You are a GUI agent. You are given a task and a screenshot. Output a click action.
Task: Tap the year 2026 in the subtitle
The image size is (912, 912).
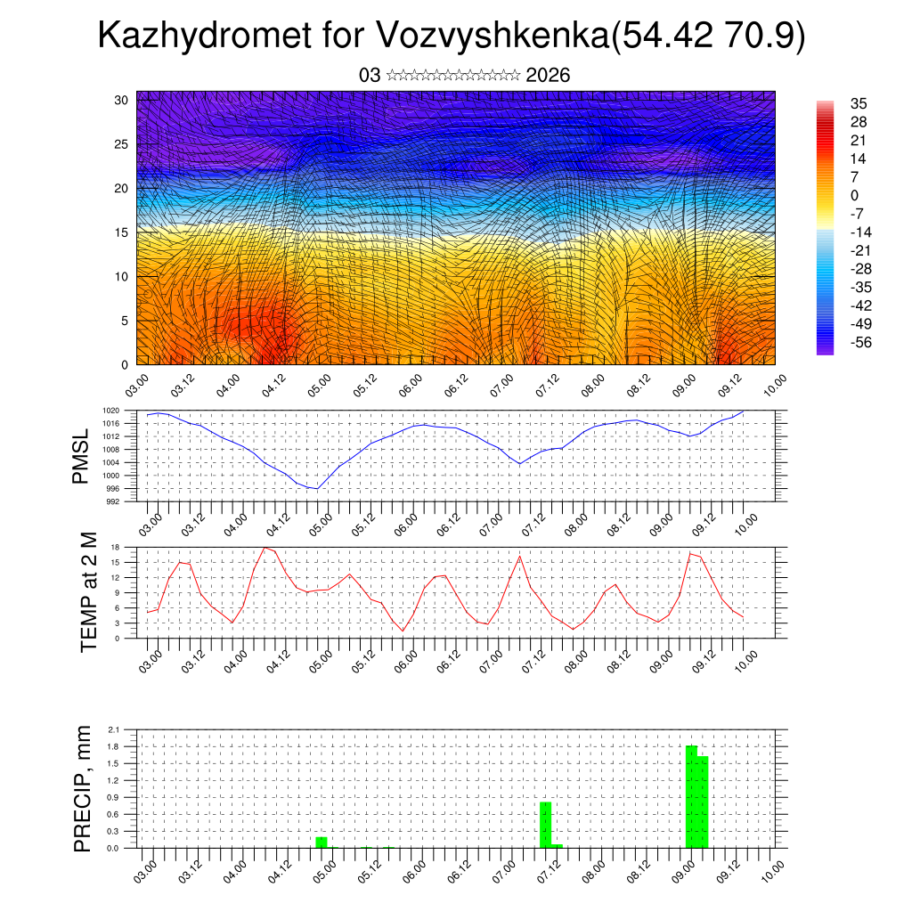pyautogui.click(x=548, y=75)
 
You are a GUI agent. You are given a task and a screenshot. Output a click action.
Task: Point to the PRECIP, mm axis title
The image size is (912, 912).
pyautogui.click(x=83, y=787)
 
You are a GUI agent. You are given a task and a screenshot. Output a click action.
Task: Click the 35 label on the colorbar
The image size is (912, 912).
pyautogui.click(x=859, y=103)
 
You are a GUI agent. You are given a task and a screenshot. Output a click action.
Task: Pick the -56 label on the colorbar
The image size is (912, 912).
pyautogui.click(x=860, y=343)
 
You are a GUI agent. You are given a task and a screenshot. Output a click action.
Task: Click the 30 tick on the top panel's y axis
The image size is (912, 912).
pyautogui.click(x=122, y=100)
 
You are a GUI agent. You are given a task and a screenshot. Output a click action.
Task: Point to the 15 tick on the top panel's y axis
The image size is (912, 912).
pyautogui.click(x=122, y=232)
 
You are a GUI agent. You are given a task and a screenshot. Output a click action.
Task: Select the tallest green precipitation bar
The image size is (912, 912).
pyautogui.click(x=691, y=796)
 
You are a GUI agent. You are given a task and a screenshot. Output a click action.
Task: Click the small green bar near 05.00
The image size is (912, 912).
pyautogui.click(x=322, y=842)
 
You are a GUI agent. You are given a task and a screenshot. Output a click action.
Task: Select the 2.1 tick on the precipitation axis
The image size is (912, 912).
pyautogui.click(x=114, y=729)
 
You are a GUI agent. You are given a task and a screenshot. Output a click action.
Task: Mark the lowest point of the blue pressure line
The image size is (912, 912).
pyautogui.click(x=316, y=488)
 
